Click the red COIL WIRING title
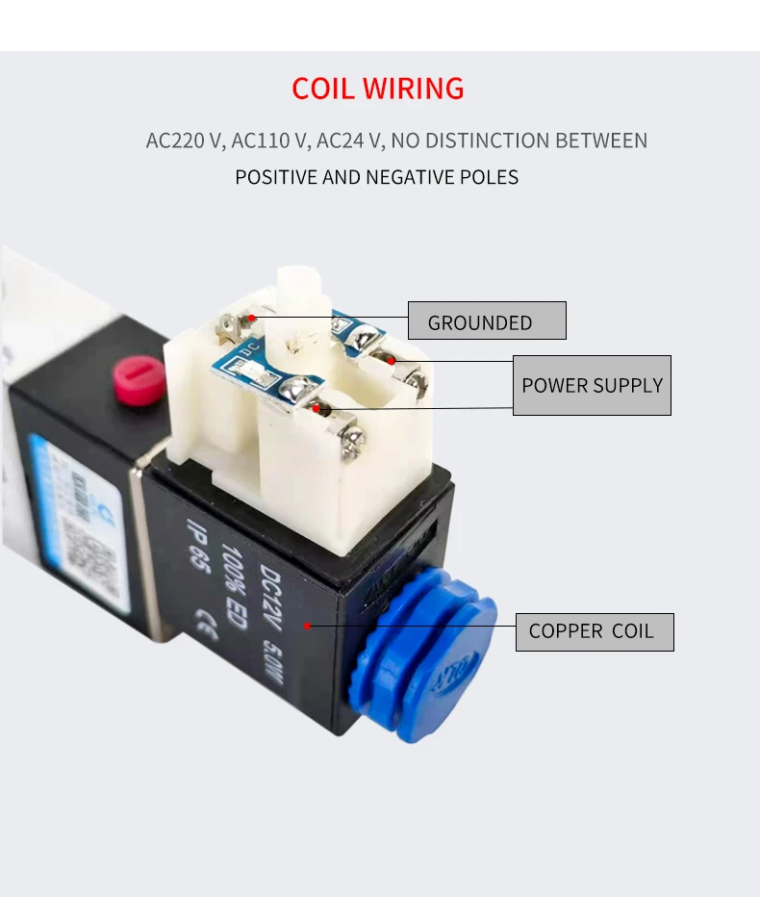point(378,89)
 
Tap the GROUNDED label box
point(487,320)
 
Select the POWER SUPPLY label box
point(592,385)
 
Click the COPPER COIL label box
point(594,631)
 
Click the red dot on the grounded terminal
point(252,317)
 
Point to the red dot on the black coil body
point(307,625)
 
